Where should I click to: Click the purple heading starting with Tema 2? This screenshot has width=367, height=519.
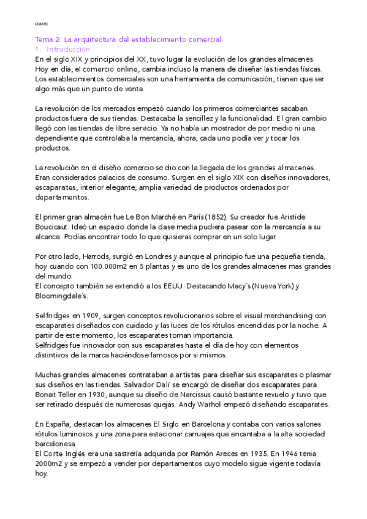coord(129,39)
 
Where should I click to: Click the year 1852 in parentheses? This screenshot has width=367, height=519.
coord(230,218)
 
